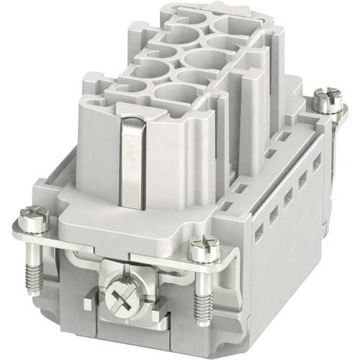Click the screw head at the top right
pos(330,100)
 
